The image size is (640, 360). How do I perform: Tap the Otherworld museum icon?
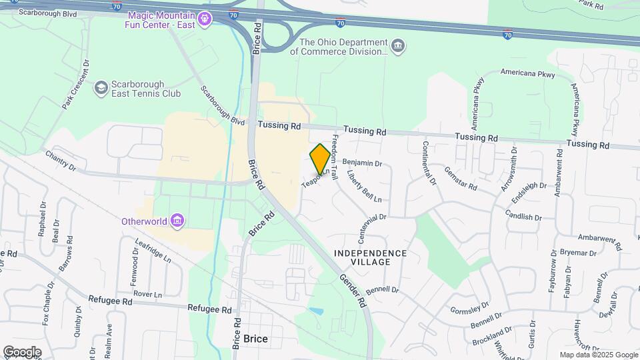(x=177, y=221)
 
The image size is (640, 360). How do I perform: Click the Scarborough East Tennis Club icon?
(x=101, y=87)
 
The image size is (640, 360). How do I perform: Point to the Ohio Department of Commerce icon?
(x=398, y=45)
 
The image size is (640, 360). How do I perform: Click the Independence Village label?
(x=370, y=257)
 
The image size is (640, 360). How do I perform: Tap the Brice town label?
(x=255, y=339)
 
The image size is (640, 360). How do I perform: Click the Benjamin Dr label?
(x=362, y=163)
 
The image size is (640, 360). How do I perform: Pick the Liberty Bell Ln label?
(x=364, y=186)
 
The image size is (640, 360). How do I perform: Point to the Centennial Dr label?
(x=373, y=229)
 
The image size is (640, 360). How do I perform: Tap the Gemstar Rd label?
(x=460, y=178)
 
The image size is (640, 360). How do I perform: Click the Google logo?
(x=21, y=351)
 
